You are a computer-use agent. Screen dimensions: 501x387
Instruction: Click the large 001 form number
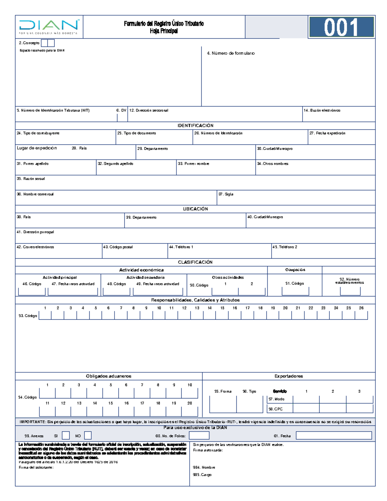tap(341, 27)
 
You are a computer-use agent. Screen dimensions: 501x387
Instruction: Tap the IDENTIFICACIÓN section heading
tap(195, 125)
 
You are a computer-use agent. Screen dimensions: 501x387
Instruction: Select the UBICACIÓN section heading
tap(195, 209)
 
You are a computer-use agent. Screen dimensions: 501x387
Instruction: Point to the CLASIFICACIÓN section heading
tap(195, 262)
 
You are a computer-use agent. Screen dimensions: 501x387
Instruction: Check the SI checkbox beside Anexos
tap(66, 436)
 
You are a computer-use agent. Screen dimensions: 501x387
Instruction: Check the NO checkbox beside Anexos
tap(88, 436)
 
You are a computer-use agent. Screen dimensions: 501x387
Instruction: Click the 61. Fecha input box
tap(334, 436)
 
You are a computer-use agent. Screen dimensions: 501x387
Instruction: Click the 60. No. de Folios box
tap(199, 436)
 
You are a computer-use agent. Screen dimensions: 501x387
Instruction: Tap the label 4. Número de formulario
tap(231, 53)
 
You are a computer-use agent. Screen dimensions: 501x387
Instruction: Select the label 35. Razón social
tap(31, 179)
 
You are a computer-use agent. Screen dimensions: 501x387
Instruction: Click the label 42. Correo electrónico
tap(35, 247)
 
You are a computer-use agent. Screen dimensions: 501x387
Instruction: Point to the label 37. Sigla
tap(226, 194)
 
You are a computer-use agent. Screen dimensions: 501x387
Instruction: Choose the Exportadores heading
tap(289, 376)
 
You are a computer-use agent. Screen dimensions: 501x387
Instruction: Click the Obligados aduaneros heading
tap(109, 376)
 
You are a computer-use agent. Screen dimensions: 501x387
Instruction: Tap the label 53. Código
tap(28, 316)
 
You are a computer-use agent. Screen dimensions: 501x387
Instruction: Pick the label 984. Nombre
tap(204, 467)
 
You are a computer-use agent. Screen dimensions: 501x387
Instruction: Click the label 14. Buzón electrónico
tap(322, 110)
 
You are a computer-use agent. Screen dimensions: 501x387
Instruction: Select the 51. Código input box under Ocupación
tap(295, 291)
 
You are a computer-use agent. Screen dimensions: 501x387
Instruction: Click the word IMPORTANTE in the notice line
tap(33, 422)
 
